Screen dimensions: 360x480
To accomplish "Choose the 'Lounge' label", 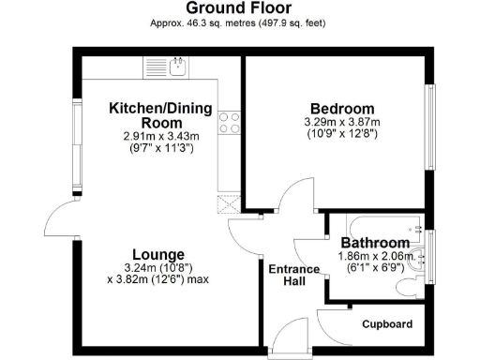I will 157,254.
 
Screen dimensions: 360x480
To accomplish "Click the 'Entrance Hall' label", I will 294,277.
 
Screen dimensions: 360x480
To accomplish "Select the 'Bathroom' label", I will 374,243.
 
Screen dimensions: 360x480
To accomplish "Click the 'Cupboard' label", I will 388,324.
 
